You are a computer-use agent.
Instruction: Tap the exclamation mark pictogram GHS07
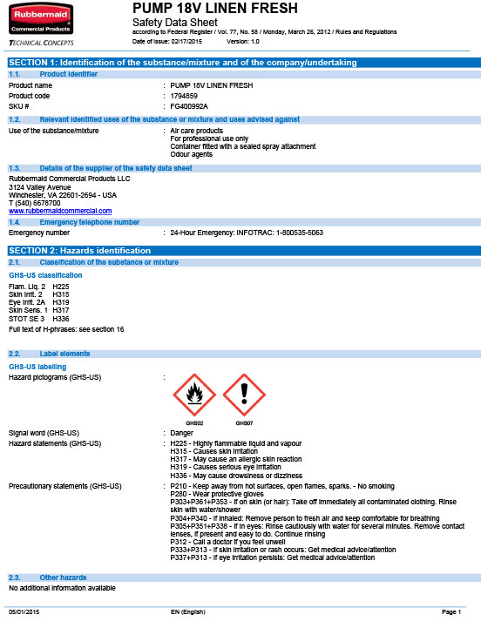pos(244,395)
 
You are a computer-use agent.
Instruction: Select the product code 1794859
pos(184,95)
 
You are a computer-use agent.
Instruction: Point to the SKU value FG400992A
pos(189,105)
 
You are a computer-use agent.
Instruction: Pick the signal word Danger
pos(182,433)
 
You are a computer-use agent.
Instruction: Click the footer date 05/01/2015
pos(24,614)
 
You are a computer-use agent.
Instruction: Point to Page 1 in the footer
pos(451,614)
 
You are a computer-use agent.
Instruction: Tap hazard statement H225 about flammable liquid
pos(235,443)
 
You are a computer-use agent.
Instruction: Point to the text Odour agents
pos(192,154)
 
